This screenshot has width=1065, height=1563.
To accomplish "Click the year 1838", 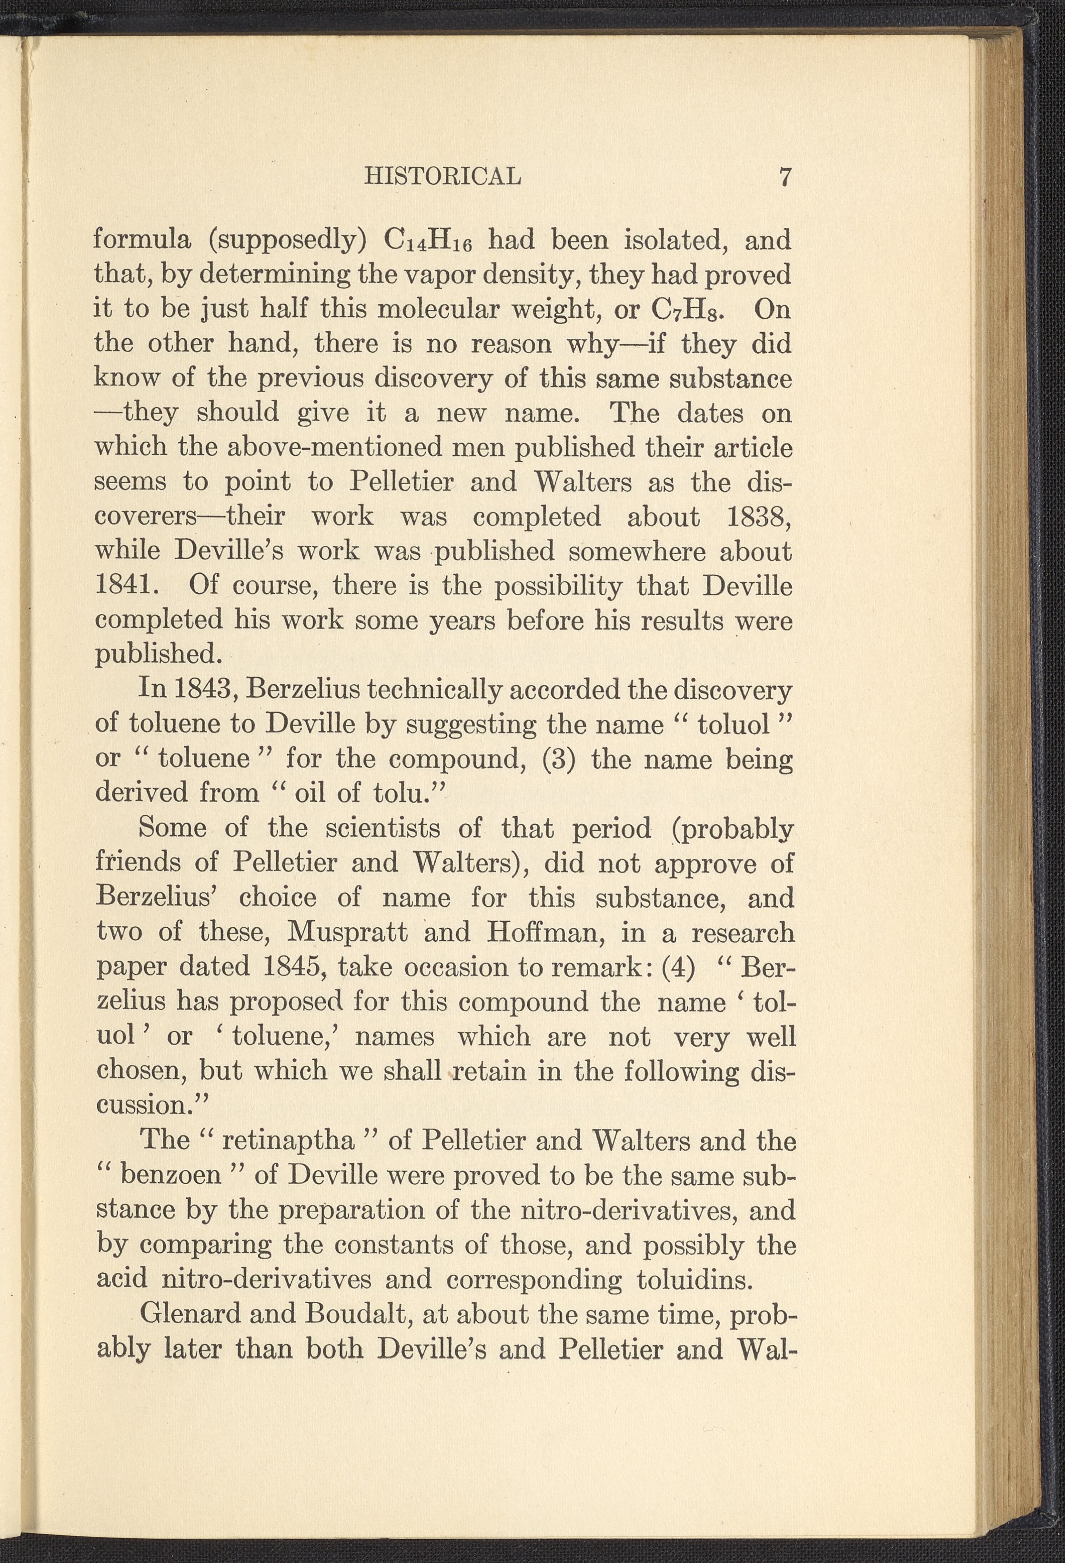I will pyautogui.click(x=758, y=517).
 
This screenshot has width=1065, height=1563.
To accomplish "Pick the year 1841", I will pyautogui.click(x=126, y=585).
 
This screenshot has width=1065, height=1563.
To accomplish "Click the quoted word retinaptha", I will pyautogui.click(x=288, y=1141).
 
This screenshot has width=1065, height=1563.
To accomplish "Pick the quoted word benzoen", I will pyautogui.click(x=171, y=1175).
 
